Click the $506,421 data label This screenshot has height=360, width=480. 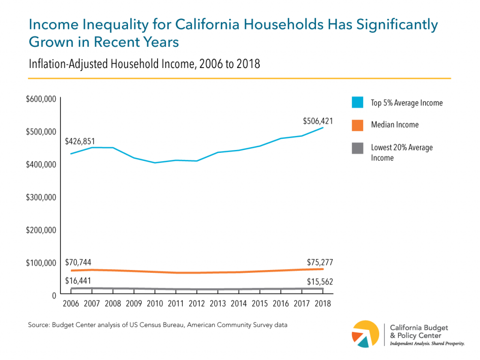point(318,121)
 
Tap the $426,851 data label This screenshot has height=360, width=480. point(80,141)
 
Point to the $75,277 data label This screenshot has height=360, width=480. point(320,262)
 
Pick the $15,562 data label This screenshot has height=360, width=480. point(320,282)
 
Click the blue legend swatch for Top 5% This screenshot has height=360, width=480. point(358,103)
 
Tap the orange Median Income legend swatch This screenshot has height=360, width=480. point(358,125)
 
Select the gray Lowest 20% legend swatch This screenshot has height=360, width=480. point(358,148)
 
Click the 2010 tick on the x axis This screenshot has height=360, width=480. point(155,303)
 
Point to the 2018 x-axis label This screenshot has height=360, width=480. point(322,303)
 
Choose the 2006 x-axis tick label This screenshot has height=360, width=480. point(71,303)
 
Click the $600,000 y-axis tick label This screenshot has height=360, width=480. point(41,99)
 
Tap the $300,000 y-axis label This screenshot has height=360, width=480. point(41,197)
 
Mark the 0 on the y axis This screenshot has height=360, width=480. point(54,295)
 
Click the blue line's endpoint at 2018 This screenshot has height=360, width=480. point(322,127)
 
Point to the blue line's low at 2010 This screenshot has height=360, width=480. point(155,163)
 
